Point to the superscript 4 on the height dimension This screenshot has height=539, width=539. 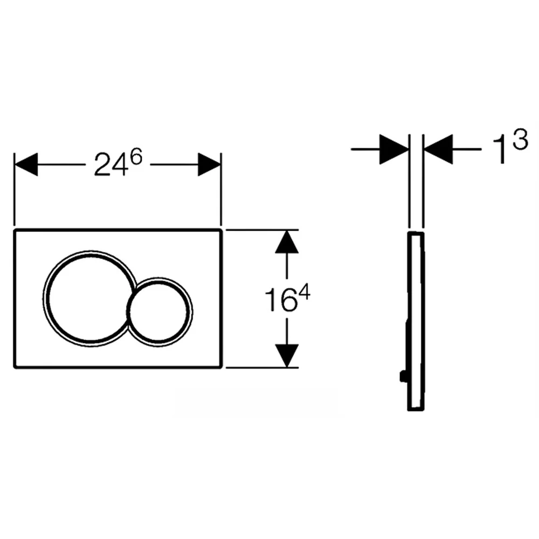pyautogui.click(x=303, y=294)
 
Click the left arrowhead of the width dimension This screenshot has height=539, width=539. pyautogui.click(x=26, y=164)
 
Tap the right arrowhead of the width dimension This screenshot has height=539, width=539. pyautogui.click(x=209, y=164)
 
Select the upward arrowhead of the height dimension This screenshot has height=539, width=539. pyautogui.click(x=287, y=242)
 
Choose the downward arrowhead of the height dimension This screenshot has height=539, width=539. pyautogui.click(x=287, y=355)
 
